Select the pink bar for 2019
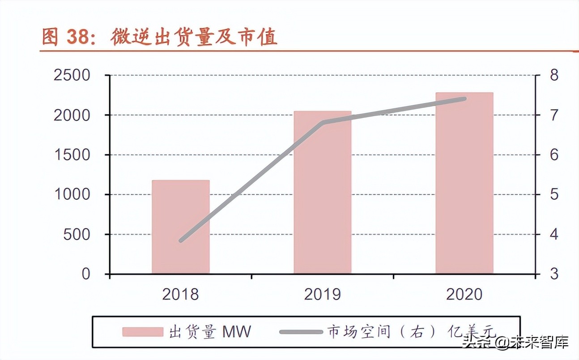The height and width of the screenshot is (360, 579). (x=322, y=193)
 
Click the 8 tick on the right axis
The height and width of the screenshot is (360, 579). (x=554, y=75)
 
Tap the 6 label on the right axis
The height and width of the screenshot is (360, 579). (x=554, y=155)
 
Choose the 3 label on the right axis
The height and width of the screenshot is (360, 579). (x=554, y=274)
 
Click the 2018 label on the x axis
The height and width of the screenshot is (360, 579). (x=180, y=295)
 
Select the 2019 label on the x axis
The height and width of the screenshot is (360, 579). (x=322, y=295)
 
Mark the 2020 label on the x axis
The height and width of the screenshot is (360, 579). (x=464, y=295)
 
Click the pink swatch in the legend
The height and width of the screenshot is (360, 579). (x=143, y=332)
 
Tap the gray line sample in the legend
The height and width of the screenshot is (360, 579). (x=301, y=332)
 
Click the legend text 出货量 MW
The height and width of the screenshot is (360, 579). (x=210, y=332)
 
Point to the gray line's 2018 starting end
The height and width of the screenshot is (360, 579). (x=181, y=240)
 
